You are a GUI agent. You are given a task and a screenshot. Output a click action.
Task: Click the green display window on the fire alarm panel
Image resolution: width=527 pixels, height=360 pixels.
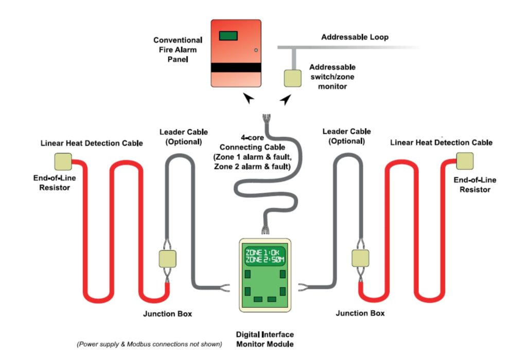(229, 36)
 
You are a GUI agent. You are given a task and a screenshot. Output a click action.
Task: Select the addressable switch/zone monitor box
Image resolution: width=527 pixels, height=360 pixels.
(293, 78)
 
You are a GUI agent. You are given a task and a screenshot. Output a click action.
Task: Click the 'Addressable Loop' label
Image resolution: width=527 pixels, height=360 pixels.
(355, 38)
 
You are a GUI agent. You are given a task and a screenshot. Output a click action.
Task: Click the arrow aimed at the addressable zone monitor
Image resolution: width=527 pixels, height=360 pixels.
(285, 99)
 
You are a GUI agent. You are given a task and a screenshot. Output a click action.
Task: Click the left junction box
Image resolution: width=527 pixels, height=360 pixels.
(167, 258)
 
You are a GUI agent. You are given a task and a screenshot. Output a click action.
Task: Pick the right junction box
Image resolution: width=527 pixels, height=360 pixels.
(360, 258)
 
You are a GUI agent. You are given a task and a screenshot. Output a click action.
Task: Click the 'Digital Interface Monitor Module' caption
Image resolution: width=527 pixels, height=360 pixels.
(265, 339)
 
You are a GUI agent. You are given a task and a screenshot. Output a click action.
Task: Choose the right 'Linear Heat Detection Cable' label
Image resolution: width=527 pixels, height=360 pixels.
(441, 142)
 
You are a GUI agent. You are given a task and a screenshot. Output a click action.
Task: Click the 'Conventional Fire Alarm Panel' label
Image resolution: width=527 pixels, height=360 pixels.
(178, 50)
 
